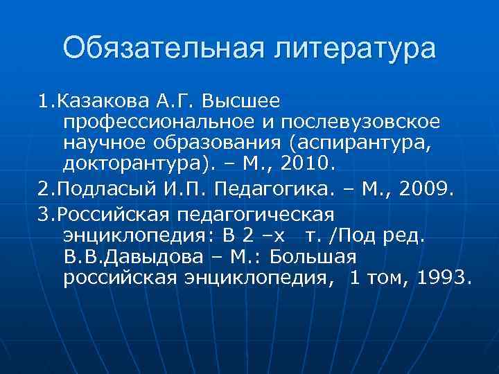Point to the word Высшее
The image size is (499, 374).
[241, 102]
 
